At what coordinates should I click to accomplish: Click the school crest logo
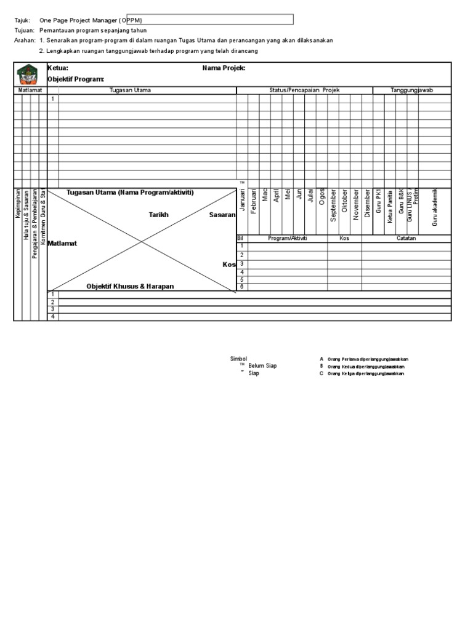30,74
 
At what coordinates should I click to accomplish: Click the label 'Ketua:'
58,68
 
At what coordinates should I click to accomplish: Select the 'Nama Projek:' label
224,68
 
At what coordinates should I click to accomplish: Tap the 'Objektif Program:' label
76,79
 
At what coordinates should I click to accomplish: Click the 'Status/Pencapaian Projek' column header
304,90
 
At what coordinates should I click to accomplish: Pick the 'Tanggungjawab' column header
412,90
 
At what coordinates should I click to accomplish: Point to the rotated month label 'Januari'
243,202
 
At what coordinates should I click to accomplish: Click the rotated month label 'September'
333,205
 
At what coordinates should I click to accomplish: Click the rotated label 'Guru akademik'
435,207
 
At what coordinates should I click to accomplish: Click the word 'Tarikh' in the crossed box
159,215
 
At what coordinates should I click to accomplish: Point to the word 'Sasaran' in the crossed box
222,215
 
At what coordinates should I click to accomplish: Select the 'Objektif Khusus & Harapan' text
130,287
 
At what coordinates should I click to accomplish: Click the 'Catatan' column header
406,238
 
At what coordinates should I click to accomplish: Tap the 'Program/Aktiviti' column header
287,238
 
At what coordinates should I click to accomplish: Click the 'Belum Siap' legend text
262,365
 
